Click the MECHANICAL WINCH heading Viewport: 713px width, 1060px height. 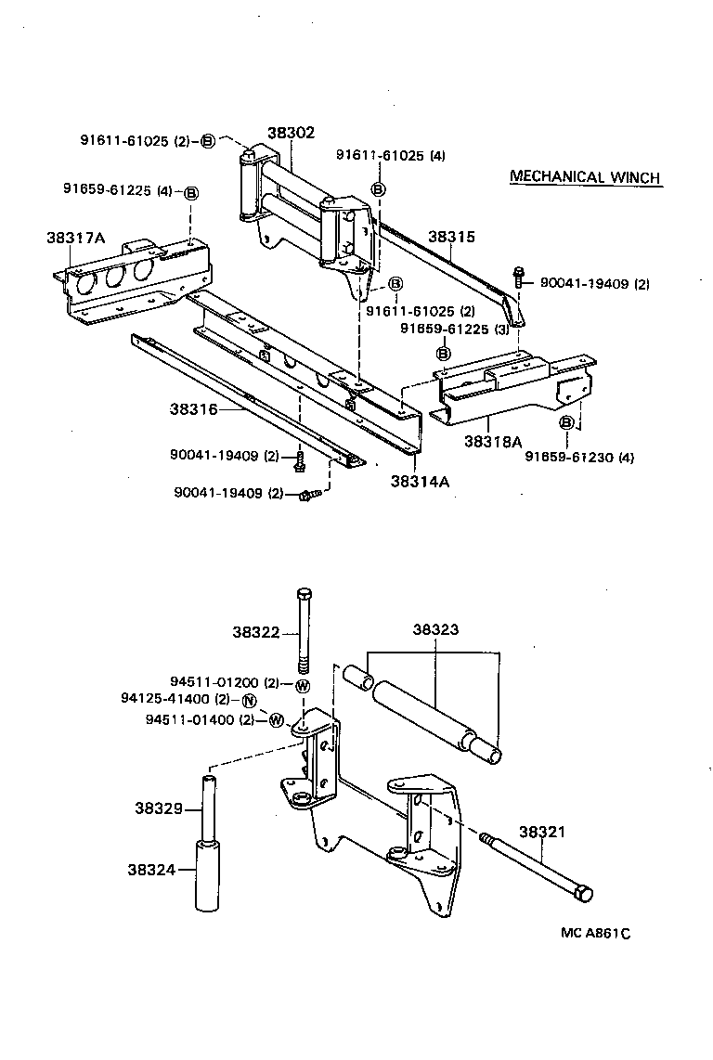point(585,177)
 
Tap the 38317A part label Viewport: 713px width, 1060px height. point(76,238)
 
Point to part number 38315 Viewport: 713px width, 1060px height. point(451,237)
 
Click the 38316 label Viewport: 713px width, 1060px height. point(193,408)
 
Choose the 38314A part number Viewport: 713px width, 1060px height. point(414,481)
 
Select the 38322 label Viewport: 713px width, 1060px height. point(256,632)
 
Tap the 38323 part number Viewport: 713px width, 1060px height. point(434,629)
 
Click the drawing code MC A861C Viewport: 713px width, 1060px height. point(594,933)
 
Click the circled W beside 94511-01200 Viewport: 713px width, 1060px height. point(302,685)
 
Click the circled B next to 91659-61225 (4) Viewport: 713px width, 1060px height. point(191,193)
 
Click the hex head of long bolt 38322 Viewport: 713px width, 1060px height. point(305,595)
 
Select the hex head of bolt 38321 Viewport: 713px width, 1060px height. point(583,893)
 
